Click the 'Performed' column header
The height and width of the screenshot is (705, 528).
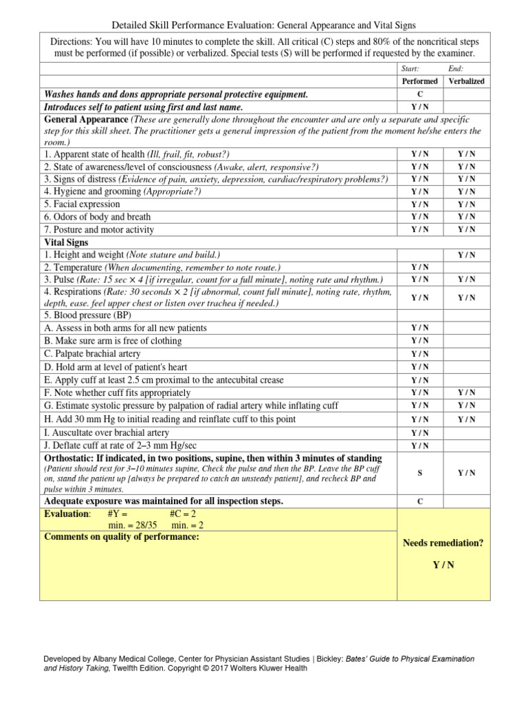click(419, 81)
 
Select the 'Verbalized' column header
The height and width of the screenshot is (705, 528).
click(466, 81)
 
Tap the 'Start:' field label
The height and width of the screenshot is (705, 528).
click(410, 69)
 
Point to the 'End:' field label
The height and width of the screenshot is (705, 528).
click(455, 69)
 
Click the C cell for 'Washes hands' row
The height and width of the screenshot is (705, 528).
click(419, 94)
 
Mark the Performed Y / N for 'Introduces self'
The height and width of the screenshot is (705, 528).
click(419, 107)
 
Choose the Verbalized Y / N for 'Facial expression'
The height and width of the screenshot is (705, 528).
click(466, 204)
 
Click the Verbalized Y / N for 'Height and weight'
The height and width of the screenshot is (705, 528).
click(466, 255)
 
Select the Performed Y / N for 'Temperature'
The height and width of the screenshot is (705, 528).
click(419, 267)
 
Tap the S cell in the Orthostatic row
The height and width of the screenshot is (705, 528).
click(419, 473)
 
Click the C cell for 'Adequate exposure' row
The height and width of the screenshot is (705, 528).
click(419, 501)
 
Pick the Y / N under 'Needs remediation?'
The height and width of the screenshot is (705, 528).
click(443, 565)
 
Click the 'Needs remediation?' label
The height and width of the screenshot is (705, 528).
click(443, 543)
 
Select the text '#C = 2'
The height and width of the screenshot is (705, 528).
click(184, 514)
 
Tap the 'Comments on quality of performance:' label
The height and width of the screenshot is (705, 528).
click(122, 537)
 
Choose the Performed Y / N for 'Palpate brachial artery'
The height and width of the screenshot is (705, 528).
click(419, 354)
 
